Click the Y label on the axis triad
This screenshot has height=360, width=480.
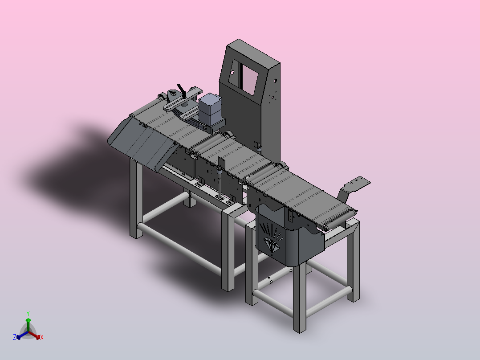[x=28, y=313]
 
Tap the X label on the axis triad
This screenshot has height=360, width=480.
[x=42, y=337]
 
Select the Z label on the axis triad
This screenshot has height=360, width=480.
[x=15, y=337]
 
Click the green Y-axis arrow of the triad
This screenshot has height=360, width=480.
[x=28, y=324]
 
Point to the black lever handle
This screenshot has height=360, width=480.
[x=182, y=91]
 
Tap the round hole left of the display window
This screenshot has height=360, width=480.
[x=232, y=73]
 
